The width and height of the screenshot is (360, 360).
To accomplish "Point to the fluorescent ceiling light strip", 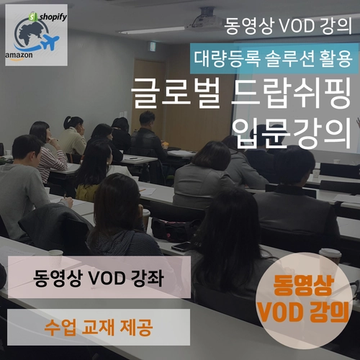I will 151,30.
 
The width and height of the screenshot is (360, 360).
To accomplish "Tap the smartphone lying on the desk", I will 181,246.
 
